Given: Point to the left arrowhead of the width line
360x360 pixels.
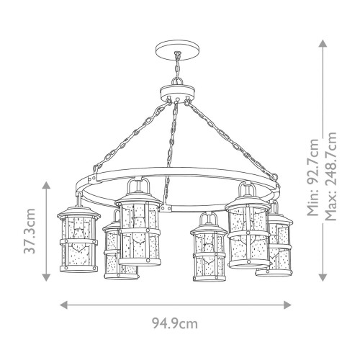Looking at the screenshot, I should [60, 304].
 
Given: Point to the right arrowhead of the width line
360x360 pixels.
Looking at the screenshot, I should [297, 304].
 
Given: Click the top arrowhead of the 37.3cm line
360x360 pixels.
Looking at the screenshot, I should [47, 184].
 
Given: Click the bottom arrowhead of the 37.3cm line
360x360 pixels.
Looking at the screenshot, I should [47, 278].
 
